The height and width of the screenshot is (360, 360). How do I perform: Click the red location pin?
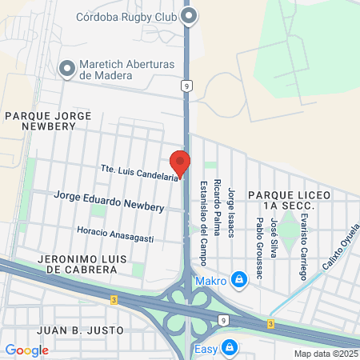pos(181,162)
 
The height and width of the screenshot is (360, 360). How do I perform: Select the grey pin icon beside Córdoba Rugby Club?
pos(190,15)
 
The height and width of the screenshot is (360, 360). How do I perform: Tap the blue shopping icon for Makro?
pos(238,279)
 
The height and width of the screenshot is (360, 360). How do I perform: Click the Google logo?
pos(26,350)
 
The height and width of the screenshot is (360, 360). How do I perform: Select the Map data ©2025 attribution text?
pos(326,354)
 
